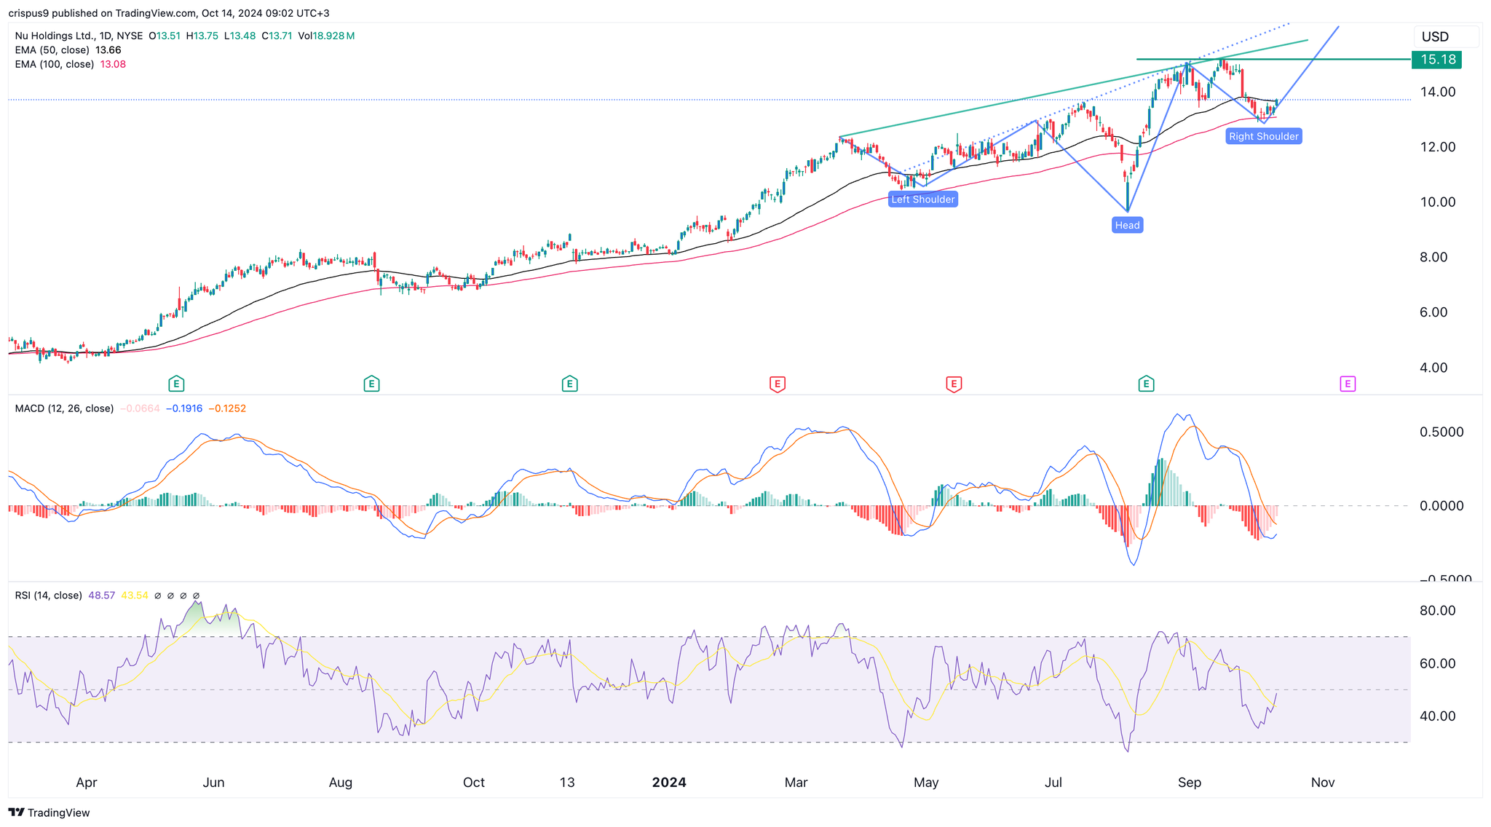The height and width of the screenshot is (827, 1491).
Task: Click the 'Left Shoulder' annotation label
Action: click(922, 199)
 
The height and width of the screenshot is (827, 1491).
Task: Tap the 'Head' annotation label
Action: click(1127, 226)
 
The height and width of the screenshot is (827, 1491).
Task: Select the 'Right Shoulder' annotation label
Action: click(1263, 136)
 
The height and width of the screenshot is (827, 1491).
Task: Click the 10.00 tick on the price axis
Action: click(1438, 202)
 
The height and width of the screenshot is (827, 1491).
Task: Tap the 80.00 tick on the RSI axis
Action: click(1437, 611)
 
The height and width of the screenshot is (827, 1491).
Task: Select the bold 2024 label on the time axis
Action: click(668, 783)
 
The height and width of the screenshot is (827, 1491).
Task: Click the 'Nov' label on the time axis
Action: click(1322, 783)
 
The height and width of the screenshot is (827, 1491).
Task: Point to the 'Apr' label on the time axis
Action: click(86, 783)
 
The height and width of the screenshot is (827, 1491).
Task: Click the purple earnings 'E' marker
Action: click(1348, 384)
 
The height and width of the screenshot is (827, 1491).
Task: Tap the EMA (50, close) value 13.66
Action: click(108, 50)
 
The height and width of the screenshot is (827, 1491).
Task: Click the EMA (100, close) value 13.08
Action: click(113, 64)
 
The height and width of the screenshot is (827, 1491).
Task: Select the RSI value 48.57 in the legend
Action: click(101, 595)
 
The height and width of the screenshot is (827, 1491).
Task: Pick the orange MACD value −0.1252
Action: click(227, 408)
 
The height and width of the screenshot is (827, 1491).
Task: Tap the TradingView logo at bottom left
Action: click(50, 812)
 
